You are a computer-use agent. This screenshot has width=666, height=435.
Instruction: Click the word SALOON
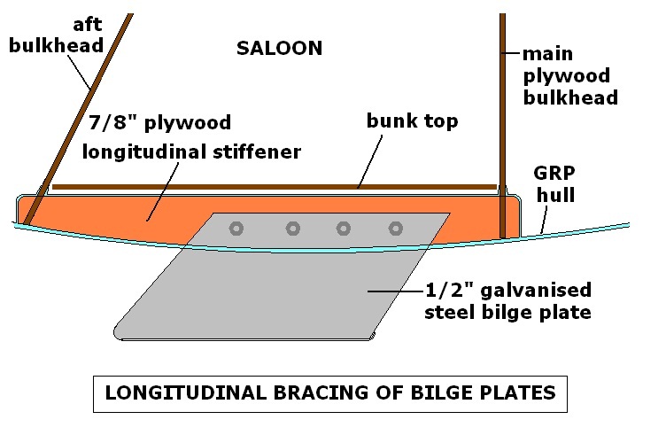pyautogui.click(x=279, y=49)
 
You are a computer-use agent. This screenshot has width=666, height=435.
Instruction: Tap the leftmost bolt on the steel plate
pyautogui.click(x=236, y=229)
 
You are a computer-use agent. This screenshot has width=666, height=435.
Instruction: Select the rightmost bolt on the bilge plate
pyautogui.click(x=395, y=229)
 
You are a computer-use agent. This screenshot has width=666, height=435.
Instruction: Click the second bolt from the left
pyautogui.click(x=292, y=229)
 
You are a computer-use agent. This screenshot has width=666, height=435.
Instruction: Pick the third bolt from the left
pyautogui.click(x=344, y=229)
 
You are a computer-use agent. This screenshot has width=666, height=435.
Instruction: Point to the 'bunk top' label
pyautogui.click(x=413, y=121)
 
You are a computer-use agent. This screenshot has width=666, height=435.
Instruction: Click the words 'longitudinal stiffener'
pyautogui.click(x=191, y=151)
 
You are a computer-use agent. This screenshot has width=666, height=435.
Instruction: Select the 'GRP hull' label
pyautogui.click(x=554, y=184)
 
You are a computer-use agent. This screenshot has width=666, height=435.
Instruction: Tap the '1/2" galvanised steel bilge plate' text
pyautogui.click(x=507, y=301)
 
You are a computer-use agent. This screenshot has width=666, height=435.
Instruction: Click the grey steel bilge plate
pyautogui.click(x=266, y=292)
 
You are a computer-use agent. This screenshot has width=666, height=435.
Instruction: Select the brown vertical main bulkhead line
pyautogui.click(x=504, y=133)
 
